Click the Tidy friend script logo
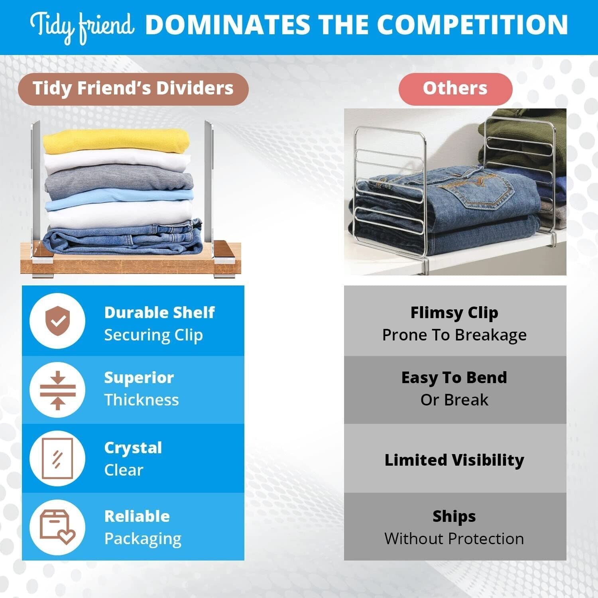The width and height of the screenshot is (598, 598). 82,27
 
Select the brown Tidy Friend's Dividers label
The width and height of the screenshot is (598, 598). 133,89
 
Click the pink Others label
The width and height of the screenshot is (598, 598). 455,89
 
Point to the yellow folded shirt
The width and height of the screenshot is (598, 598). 116,141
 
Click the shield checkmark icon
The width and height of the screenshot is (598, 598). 58,321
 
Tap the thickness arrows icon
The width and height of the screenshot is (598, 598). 58,390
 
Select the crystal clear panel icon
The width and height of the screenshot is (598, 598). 58,458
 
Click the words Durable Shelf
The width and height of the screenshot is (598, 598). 159,313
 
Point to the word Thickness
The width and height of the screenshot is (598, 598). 142,400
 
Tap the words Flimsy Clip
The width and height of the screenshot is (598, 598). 454,313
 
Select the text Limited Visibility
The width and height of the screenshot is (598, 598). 454,460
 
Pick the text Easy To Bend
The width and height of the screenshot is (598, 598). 454,378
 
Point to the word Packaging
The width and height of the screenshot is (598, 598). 143,539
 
